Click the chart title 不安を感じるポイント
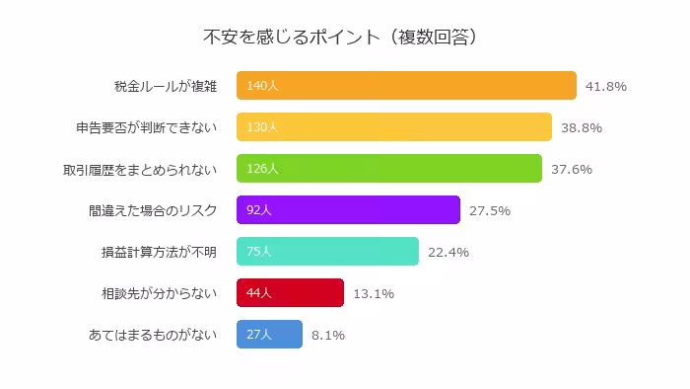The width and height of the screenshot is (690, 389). click(x=340, y=38)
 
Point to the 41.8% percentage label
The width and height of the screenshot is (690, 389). click(x=606, y=86)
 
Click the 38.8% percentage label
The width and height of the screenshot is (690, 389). click(x=581, y=127)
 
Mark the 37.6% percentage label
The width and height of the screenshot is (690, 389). click(x=571, y=169)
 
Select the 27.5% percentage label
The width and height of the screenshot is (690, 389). click(x=490, y=210)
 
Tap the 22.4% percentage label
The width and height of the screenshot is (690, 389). click(x=448, y=252)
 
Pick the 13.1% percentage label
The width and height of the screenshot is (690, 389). click(x=374, y=293)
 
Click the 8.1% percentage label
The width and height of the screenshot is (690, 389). click(x=328, y=335)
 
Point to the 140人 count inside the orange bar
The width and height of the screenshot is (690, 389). click(x=263, y=86)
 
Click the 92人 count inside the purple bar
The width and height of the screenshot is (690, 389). click(x=259, y=210)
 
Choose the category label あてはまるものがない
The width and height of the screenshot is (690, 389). click(x=153, y=335)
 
